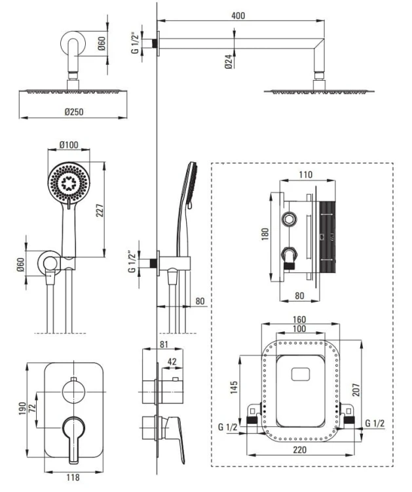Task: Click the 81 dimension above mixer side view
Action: point(164,346)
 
